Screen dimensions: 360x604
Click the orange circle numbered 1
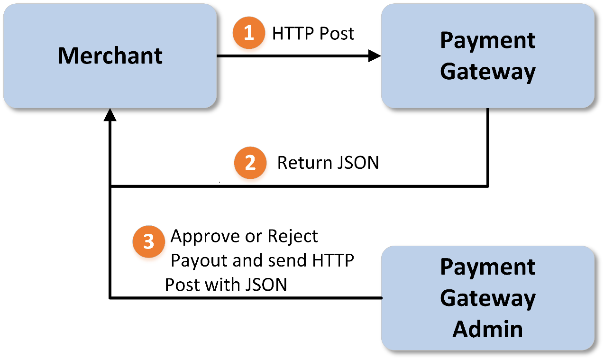tap(248, 33)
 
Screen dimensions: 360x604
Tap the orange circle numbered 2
tap(250, 163)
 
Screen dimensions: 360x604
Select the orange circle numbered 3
tap(149, 241)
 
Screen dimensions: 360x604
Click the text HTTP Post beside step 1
tap(313, 34)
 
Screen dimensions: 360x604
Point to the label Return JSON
tap(328, 163)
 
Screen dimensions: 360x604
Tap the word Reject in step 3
tap(293, 236)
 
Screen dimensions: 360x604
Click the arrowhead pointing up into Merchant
tap(110, 115)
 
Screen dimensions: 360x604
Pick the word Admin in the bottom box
tap(487, 329)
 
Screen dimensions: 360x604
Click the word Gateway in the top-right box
tap(487, 72)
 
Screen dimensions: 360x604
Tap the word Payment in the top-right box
tap(487, 40)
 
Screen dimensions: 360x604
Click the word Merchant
tap(110, 55)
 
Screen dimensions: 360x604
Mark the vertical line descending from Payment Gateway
tap(488, 147)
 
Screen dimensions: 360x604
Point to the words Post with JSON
tap(226, 285)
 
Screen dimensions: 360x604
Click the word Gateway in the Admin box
tap(487, 298)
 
